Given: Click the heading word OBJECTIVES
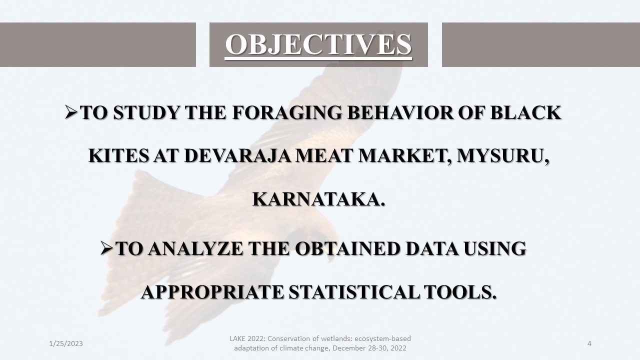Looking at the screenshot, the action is tap(318, 44).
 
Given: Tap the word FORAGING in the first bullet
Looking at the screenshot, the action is tap(287, 112).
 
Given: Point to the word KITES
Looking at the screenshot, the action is tap(118, 156).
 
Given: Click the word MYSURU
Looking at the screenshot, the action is tap(503, 156).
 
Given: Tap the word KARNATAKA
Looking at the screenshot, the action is tap(318, 199).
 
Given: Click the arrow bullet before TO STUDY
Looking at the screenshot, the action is tap(71, 112).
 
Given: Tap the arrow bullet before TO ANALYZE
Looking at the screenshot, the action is tap(107, 248).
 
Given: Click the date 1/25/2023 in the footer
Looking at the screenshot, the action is tap(66, 343).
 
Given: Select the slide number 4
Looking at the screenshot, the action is tap(589, 343).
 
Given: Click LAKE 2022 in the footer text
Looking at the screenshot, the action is tap(247, 338).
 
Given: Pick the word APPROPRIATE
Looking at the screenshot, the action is tap(212, 292).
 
